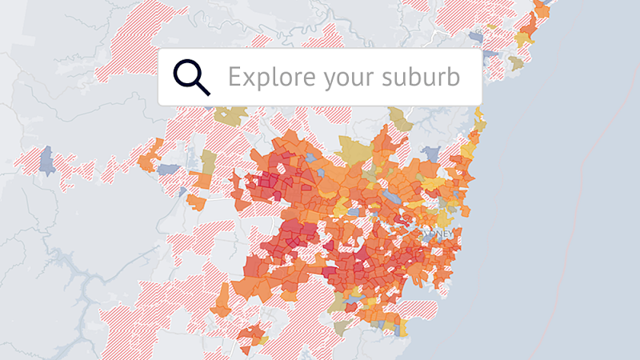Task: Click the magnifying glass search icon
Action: pyautogui.click(x=191, y=77)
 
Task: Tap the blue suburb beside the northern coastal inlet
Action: pyautogui.click(x=477, y=36)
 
